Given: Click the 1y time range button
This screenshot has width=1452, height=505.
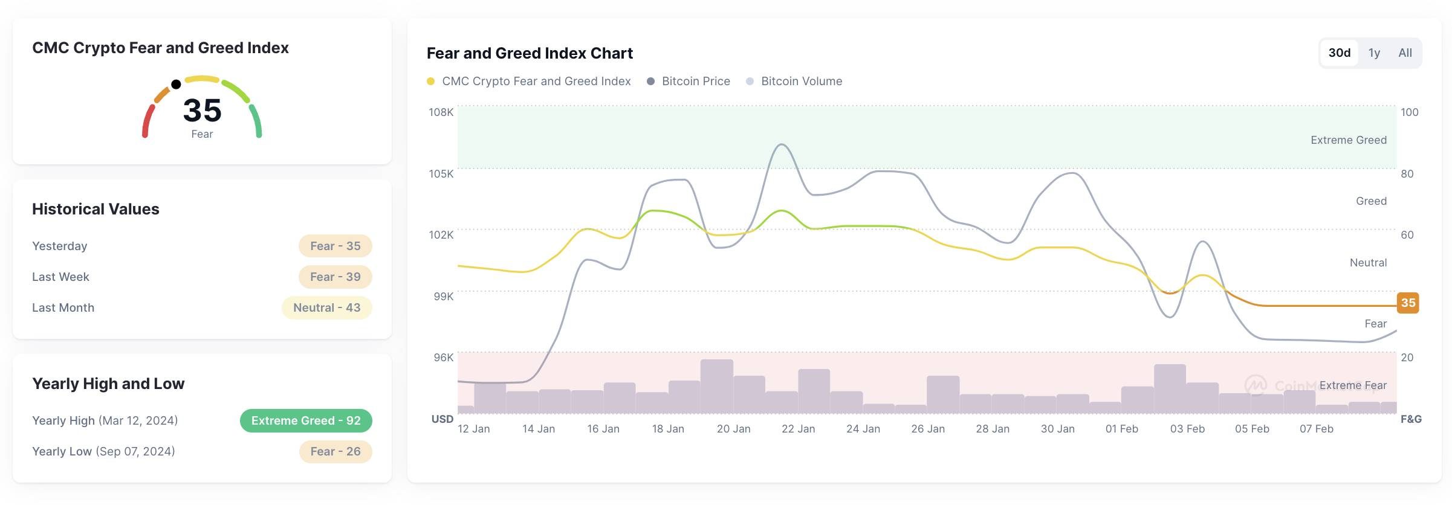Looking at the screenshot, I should click(1374, 53).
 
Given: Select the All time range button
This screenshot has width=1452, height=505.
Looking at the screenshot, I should click(1405, 53).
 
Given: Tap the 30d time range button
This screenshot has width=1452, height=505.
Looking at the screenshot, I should click(1339, 53).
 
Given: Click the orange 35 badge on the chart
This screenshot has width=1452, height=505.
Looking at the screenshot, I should click(1408, 303).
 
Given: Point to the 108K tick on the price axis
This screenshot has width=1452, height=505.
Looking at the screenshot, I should click(441, 112).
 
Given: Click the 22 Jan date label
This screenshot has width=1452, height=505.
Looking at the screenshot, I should click(798, 429).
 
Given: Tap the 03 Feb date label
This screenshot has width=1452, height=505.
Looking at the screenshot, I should click(1187, 429).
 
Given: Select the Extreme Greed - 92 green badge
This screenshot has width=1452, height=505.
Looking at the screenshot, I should click(306, 421).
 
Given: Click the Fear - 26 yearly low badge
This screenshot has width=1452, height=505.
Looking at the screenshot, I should click(335, 452).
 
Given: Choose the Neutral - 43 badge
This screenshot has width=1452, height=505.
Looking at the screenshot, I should click(326, 308).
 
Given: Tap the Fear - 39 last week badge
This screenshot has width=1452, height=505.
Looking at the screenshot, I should click(335, 277).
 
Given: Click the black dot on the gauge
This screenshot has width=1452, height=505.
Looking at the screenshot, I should click(176, 84).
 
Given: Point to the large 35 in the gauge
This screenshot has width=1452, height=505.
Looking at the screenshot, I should click(202, 111).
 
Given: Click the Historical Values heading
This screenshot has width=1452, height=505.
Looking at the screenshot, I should click(96, 209).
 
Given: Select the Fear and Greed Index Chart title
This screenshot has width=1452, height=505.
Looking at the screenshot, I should click(530, 53).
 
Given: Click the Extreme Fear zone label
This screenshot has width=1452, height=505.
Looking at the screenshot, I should click(1353, 385).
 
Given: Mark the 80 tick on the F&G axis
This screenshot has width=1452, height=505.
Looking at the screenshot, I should click(1407, 174).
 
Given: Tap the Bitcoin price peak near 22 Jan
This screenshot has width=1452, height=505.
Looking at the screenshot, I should click(782, 144).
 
